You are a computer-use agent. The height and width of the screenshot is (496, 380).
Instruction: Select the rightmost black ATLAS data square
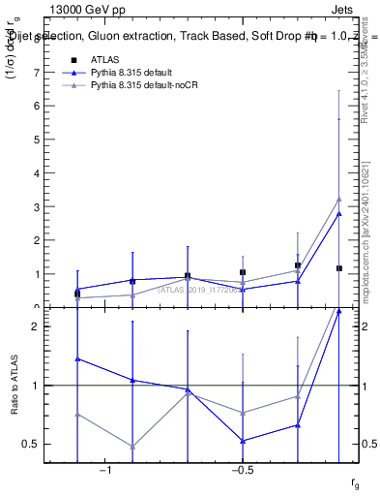tap(338, 268)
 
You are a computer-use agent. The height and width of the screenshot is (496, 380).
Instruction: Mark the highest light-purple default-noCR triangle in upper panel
tap(338, 199)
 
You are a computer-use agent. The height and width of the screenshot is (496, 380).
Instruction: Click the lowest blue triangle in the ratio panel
tap(243, 441)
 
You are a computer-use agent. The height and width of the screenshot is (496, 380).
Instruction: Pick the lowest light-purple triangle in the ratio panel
tap(132, 447)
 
